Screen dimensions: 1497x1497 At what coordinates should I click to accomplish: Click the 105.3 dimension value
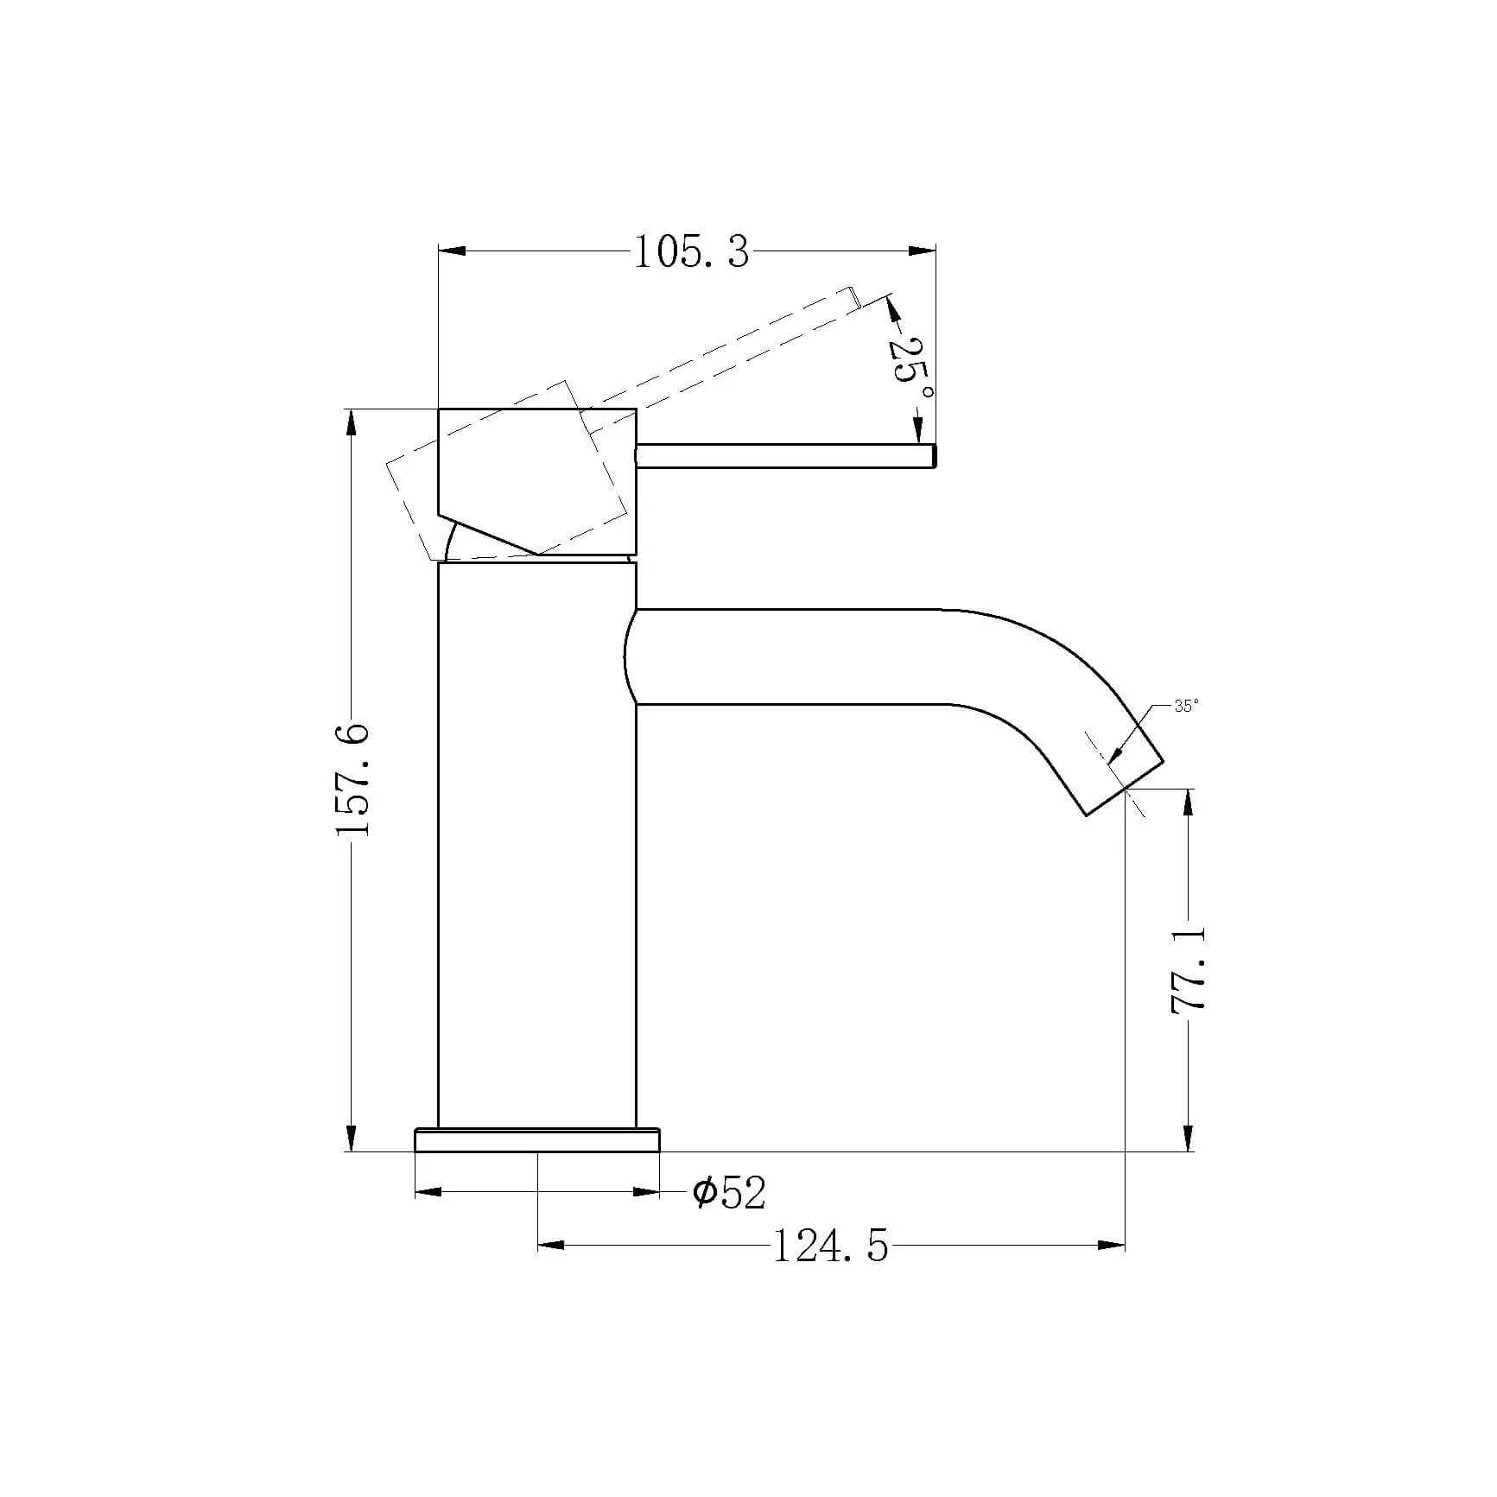pos(692,252)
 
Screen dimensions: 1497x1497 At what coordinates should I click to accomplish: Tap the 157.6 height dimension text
pos(353,780)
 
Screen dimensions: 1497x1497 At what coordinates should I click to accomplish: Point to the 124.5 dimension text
pos(829,1246)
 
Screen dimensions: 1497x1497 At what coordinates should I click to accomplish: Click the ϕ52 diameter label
pos(730,1193)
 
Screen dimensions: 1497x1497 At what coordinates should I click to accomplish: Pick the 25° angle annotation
pos(910,372)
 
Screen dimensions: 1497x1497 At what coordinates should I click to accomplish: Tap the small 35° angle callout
pos(1186,706)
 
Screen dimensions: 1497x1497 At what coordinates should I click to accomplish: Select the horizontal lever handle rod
pos(786,456)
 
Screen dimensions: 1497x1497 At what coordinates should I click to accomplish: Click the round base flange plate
pos(537,1139)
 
